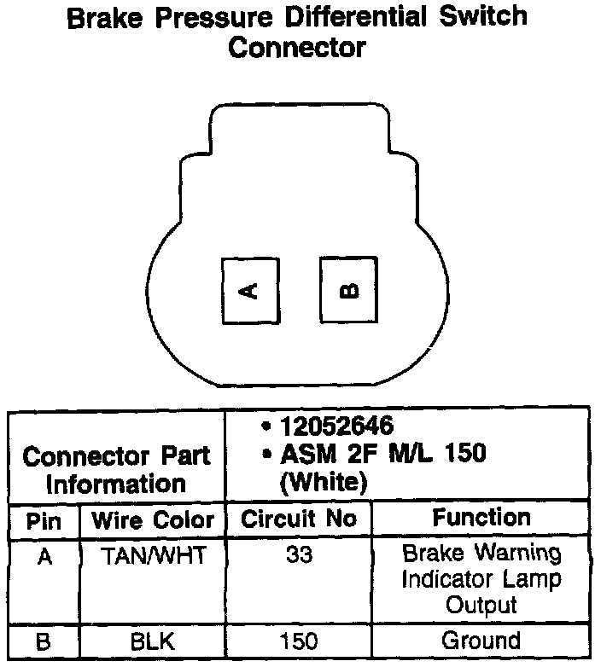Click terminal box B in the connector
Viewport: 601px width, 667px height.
pyautogui.click(x=349, y=291)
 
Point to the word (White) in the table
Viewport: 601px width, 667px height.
pyautogui.click(x=324, y=481)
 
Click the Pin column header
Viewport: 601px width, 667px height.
pyautogui.click(x=44, y=520)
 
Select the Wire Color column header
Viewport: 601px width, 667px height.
pyautogui.click(x=153, y=520)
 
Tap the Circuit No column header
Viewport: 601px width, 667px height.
pyautogui.click(x=299, y=519)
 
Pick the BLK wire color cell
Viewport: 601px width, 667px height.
pyautogui.click(x=153, y=641)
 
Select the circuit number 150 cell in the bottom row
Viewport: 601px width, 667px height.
pyautogui.click(x=299, y=641)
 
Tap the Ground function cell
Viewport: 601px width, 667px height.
pyautogui.click(x=481, y=641)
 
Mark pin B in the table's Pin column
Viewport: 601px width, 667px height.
pyautogui.click(x=44, y=641)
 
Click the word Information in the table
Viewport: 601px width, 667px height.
pyautogui.click(x=116, y=484)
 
